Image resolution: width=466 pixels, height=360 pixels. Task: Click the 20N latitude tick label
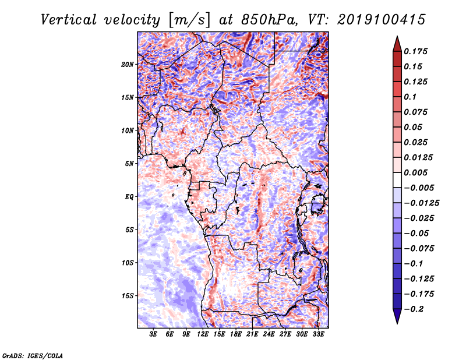coord(128,65)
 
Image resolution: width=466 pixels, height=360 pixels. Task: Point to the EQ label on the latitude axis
coord(129,197)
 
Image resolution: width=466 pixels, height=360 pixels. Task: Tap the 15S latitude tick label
coord(128,296)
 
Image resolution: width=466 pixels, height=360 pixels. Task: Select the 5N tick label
coord(129,164)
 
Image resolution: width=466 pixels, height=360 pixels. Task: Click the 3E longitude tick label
coord(153,334)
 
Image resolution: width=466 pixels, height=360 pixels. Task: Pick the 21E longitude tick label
coord(252,334)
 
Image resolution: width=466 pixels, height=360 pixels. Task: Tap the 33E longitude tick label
coord(318,334)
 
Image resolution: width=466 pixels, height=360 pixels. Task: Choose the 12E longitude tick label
coord(202,334)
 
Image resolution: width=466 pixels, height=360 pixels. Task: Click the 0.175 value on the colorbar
coord(415,51)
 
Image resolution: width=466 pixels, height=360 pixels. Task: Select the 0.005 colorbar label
coord(415,172)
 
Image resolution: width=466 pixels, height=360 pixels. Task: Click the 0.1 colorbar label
coord(410,97)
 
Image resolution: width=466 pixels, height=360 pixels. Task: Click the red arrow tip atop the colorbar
coord(397,36)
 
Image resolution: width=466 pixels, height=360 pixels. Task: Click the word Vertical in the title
coord(69,20)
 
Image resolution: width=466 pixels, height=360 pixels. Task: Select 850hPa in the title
coord(270,20)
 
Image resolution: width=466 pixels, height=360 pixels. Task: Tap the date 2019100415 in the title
coord(382,20)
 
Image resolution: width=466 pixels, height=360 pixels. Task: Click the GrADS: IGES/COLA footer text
coord(32,355)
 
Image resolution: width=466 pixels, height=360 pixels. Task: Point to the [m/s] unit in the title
coord(189,20)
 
